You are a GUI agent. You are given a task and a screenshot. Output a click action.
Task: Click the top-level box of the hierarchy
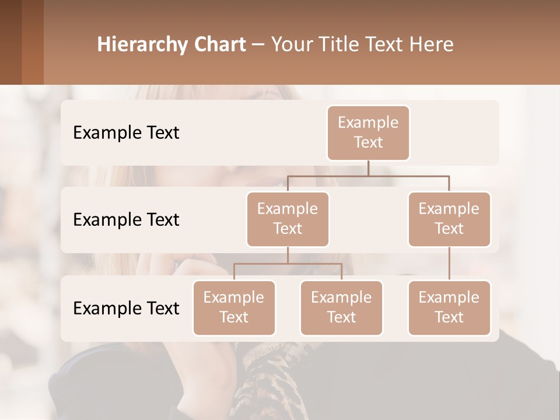coord(368,133)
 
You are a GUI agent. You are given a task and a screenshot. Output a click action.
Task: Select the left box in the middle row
coord(288,219)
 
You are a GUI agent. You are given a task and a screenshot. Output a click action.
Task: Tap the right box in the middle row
coord(449,219)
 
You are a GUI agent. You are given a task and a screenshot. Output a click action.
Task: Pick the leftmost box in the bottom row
coord(234,308)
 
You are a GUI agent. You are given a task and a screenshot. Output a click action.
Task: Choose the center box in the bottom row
coord(341,308)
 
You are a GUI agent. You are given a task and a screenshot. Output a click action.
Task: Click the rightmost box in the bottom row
coord(449,308)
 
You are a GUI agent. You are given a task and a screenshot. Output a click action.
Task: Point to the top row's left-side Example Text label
coord(126,133)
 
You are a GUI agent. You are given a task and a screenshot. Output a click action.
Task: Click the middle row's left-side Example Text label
coord(126,220)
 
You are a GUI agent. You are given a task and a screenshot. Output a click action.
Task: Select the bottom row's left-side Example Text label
coord(126,309)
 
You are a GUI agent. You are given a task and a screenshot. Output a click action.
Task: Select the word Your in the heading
coord(292,44)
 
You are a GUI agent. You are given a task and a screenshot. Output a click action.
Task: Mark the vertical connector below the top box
coord(368,168)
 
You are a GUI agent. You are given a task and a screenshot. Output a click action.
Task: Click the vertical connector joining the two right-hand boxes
coord(449,264)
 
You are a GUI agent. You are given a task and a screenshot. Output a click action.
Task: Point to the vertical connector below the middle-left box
coord(288,255)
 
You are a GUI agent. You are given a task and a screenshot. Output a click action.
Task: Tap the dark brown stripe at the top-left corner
coord(10,42)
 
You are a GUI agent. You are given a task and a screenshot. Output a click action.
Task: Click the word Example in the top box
coord(368,123)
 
